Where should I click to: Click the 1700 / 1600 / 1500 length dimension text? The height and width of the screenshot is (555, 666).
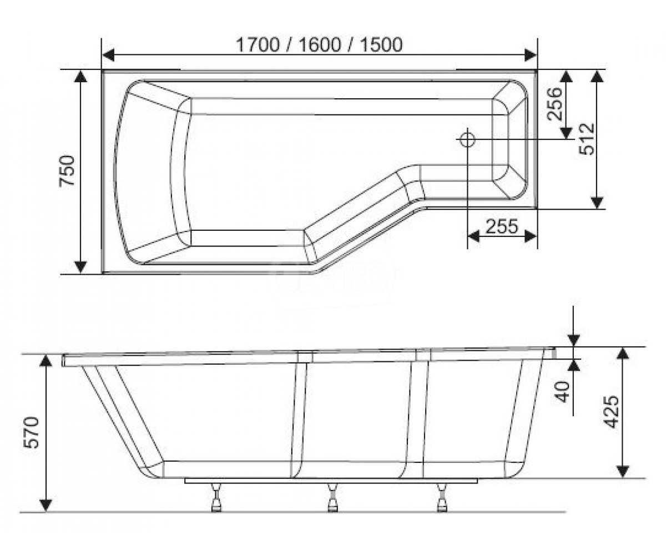pos(319,45)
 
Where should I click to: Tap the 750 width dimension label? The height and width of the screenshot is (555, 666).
pos(67,170)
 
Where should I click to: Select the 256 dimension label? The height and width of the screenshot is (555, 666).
pos(554,104)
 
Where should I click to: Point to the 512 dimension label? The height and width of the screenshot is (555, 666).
pos(587,139)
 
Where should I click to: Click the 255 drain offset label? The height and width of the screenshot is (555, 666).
pos(502,227)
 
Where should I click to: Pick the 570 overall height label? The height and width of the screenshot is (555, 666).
pos(32,432)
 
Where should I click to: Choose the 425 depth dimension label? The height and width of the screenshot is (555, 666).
pos(611,412)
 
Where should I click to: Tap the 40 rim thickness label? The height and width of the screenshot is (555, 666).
pos(562,391)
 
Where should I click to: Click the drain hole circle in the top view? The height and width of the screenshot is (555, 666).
pos(467,140)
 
